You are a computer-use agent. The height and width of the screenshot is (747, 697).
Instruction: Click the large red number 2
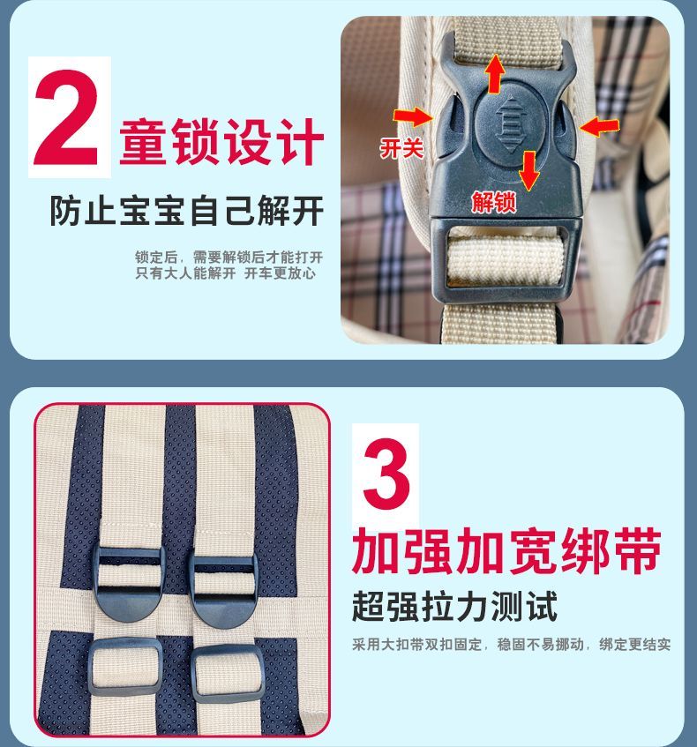pos(66,117)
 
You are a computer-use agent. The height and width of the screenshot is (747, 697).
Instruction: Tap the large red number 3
pos(386,474)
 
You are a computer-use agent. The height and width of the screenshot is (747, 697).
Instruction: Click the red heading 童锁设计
pos(221,141)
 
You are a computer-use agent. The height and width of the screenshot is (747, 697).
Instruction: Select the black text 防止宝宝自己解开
pos(187,210)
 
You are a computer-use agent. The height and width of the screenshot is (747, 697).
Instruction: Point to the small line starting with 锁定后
pos(229,258)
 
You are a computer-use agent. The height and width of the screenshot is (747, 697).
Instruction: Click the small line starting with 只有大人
pos(226,273)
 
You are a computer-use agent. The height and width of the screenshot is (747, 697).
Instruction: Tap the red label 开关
pos(401,148)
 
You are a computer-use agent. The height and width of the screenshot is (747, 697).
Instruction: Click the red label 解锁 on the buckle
pos(494,202)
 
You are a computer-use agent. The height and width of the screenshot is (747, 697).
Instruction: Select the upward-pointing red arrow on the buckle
pos(495,74)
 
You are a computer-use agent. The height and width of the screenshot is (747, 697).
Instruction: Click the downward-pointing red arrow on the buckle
pos(528,170)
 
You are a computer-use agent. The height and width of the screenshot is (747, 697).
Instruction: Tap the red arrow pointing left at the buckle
pos(600,127)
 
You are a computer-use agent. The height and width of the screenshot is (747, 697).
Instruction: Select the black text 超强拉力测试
pos(454,606)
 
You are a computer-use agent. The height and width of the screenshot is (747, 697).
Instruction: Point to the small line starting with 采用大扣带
pos(511,645)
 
